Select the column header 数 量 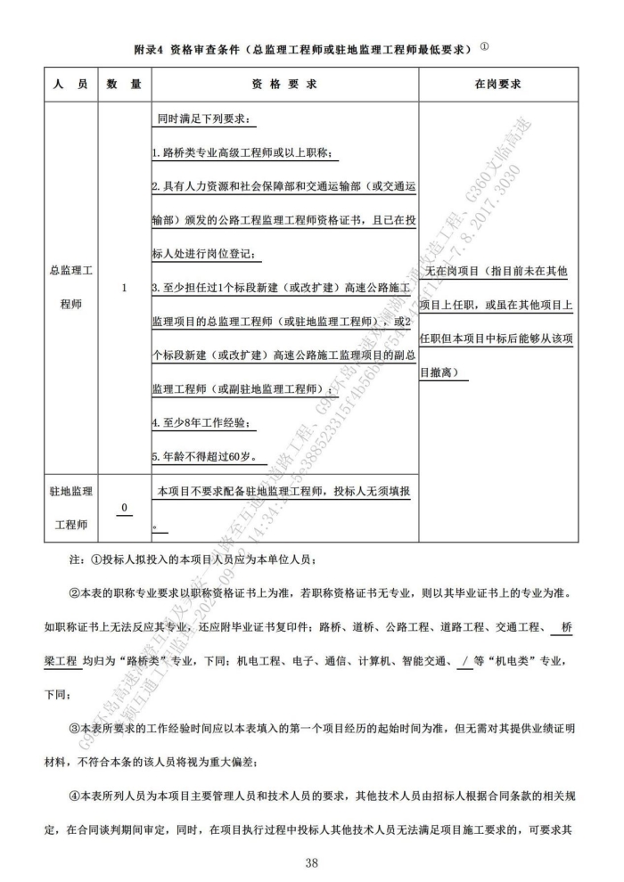click(x=124, y=85)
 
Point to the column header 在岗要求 click(x=497, y=85)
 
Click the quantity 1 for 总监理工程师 click(x=124, y=288)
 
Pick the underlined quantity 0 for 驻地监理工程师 click(x=124, y=507)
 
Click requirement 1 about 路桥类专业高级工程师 click(x=241, y=153)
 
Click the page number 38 click(x=311, y=862)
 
